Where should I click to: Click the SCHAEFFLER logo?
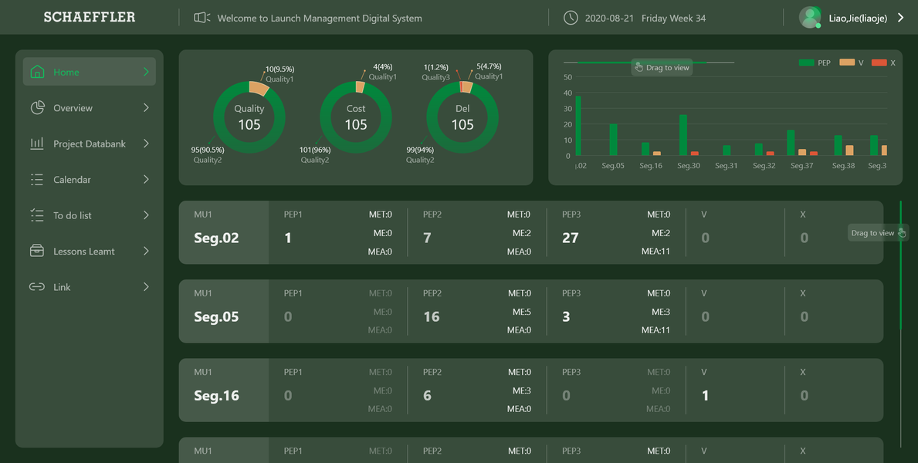(x=89, y=17)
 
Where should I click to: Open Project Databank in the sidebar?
(x=89, y=144)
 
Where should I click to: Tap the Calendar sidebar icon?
(x=36, y=180)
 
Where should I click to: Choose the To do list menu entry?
(x=72, y=215)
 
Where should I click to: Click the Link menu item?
(x=62, y=287)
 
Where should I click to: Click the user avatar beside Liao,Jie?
(x=810, y=17)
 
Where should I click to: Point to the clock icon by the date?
(x=571, y=18)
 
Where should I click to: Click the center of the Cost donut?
(x=356, y=117)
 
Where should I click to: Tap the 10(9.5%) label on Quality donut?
(x=279, y=69)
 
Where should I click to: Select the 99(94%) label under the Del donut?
(x=420, y=150)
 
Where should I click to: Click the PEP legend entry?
(x=815, y=63)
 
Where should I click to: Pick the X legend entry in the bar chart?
(x=884, y=63)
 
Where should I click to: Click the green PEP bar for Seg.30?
(x=683, y=135)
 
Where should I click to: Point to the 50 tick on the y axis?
(x=567, y=77)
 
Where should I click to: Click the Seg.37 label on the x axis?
(x=802, y=166)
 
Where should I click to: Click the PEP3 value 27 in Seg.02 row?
(x=571, y=238)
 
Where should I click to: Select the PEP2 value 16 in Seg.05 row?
(x=432, y=316)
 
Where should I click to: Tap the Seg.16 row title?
(x=216, y=396)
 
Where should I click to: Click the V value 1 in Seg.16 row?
(x=705, y=396)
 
